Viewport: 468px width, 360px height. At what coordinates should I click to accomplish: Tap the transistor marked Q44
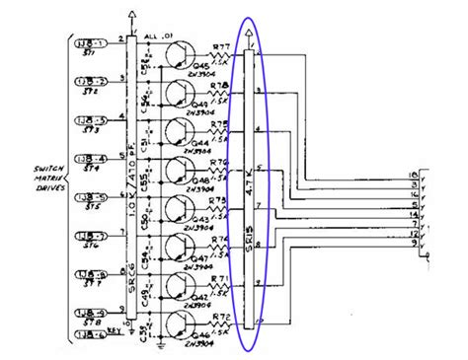(x=178, y=134)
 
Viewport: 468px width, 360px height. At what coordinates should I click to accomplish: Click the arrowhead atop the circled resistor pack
(x=253, y=41)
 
